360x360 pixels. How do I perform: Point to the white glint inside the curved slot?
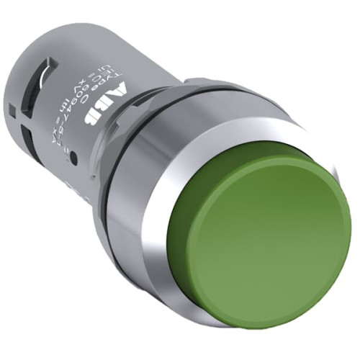tap(48, 69)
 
